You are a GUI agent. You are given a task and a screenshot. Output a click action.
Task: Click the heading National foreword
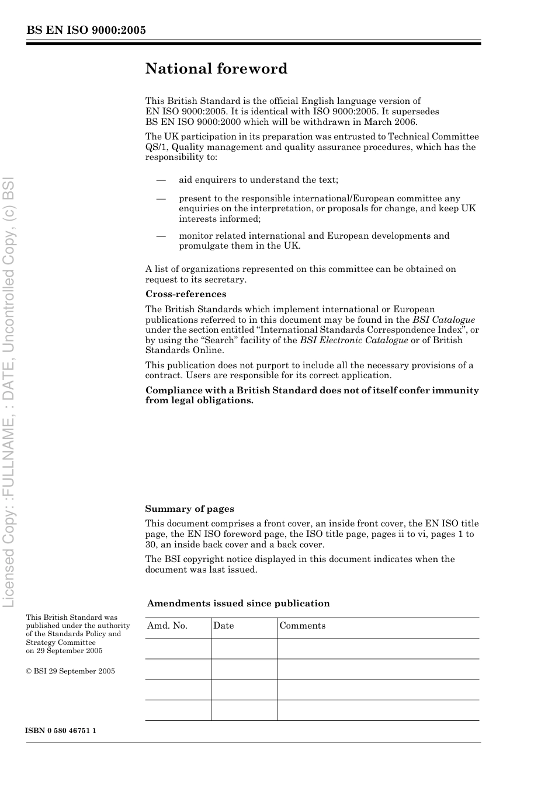(216, 69)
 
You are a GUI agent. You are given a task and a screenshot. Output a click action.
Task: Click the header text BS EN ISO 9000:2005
(86, 30)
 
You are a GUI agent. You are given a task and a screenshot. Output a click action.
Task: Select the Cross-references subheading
(185, 294)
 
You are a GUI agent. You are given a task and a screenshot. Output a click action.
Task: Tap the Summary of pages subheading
(189, 509)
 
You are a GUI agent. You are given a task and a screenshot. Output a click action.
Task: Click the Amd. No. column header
(167, 626)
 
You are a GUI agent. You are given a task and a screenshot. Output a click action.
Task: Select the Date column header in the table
(223, 626)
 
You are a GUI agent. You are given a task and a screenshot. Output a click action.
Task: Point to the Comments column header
(302, 626)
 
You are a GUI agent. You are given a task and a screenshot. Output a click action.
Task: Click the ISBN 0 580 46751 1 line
(61, 731)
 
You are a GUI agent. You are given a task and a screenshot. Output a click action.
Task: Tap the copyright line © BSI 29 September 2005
(70, 671)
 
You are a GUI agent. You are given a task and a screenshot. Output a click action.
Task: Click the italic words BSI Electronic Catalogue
(353, 340)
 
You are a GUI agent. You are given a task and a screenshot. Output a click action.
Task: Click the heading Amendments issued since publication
(238, 603)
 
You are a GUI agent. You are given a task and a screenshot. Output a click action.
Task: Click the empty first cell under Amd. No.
(178, 648)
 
